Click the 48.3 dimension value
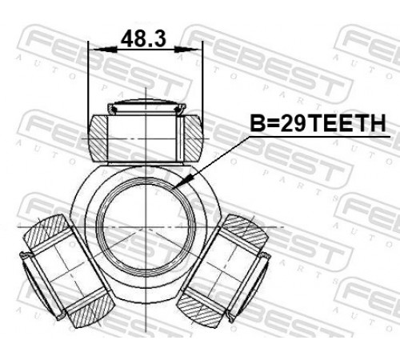click(143, 39)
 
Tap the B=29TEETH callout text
click(318, 123)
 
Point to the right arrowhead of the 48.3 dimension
click(187, 49)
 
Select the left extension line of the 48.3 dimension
click(88, 87)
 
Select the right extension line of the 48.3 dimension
click(202, 86)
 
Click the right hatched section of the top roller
click(194, 138)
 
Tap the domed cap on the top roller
click(146, 106)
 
